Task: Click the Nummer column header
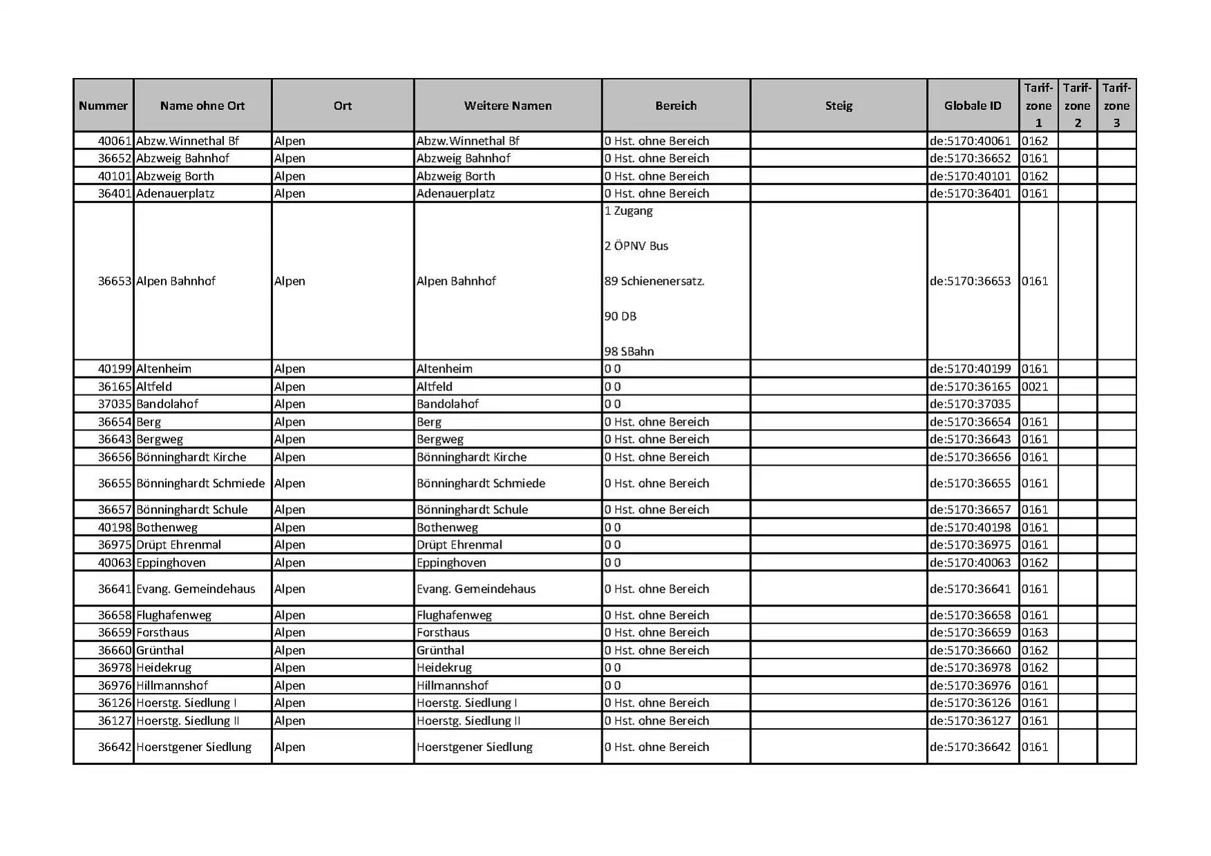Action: tap(103, 106)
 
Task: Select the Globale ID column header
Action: tap(973, 106)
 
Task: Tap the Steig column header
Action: tap(838, 106)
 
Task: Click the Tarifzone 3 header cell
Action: tap(1116, 106)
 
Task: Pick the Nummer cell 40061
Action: tap(114, 141)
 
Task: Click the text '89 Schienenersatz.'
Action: tap(654, 281)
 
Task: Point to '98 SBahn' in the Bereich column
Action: tap(629, 351)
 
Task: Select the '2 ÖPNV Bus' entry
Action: tap(636, 246)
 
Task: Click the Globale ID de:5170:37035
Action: tap(970, 404)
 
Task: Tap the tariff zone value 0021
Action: tap(1035, 387)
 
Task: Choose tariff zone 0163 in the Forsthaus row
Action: tap(1035, 633)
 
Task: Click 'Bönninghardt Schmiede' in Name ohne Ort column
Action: tap(200, 484)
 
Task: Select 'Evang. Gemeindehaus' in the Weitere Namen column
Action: tap(476, 589)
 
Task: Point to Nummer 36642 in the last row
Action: tap(114, 748)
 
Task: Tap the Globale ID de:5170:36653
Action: tap(970, 281)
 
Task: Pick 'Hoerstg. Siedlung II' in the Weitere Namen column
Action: tap(468, 721)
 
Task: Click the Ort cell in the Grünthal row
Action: tap(290, 651)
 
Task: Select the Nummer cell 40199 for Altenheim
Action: tap(114, 369)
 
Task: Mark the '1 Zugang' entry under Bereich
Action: tap(628, 211)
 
